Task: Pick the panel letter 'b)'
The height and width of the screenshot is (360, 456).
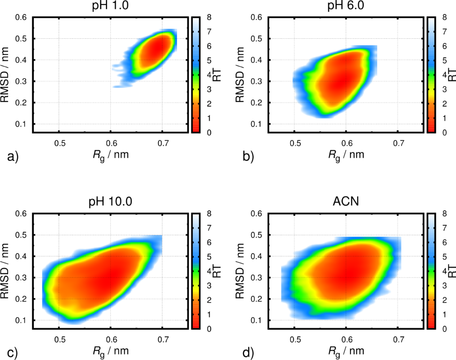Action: tap(247, 157)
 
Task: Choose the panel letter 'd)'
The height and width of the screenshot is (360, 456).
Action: tap(247, 353)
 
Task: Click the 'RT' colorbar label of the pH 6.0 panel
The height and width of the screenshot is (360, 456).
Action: tap(450, 75)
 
